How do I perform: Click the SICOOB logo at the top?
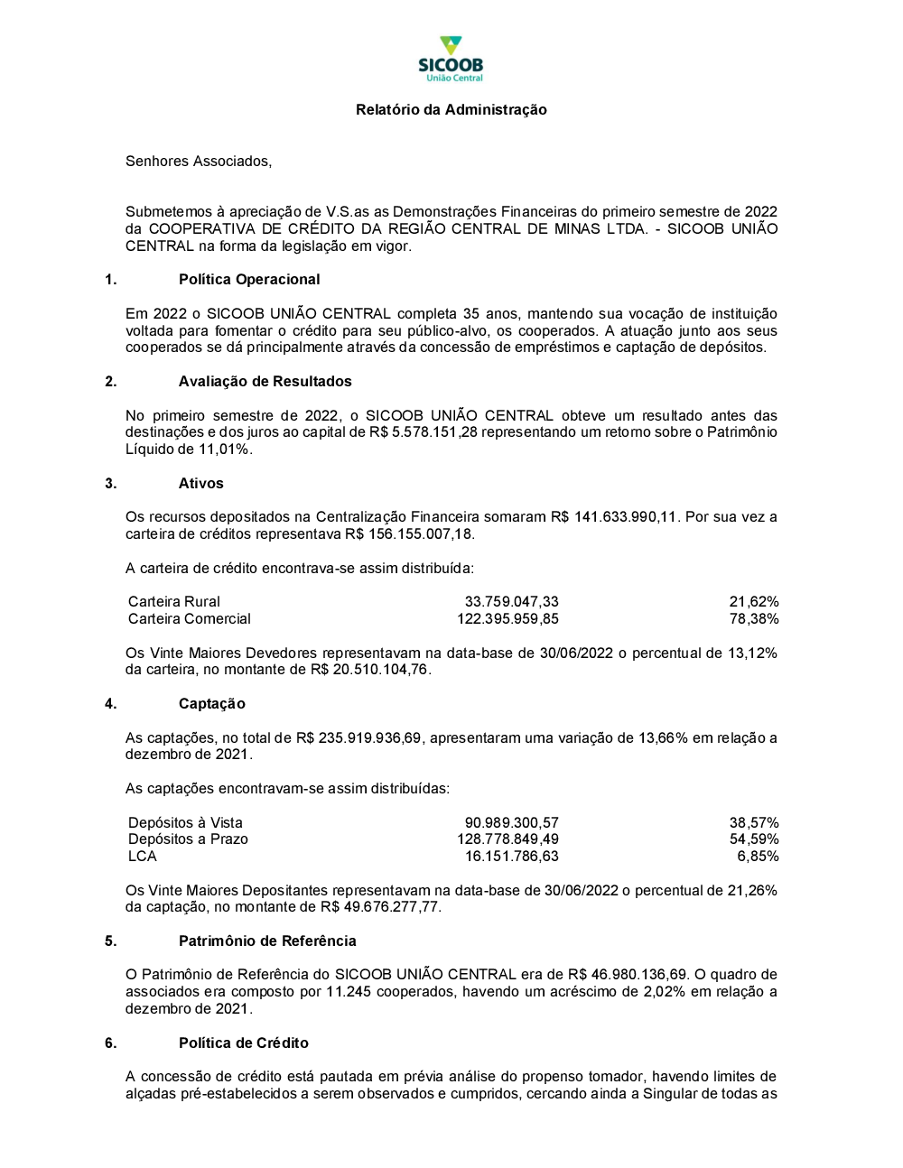tap(451, 59)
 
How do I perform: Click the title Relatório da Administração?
tap(451, 110)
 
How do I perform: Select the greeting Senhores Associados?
tap(198, 162)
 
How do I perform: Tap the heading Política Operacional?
tap(249, 280)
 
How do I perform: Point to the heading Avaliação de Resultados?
tap(265, 382)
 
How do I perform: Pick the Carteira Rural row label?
tap(174, 602)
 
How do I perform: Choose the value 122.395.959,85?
tap(507, 619)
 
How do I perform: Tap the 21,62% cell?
tap(754, 602)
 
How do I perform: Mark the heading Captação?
tap(211, 704)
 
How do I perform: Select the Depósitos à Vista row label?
tap(185, 823)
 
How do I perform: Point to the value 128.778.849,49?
tap(507, 839)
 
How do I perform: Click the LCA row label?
tap(143, 857)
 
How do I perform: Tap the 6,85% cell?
tap(758, 857)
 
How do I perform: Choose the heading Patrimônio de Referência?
tap(267, 941)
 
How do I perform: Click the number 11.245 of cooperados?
tap(348, 992)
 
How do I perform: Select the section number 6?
tap(110, 1043)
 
